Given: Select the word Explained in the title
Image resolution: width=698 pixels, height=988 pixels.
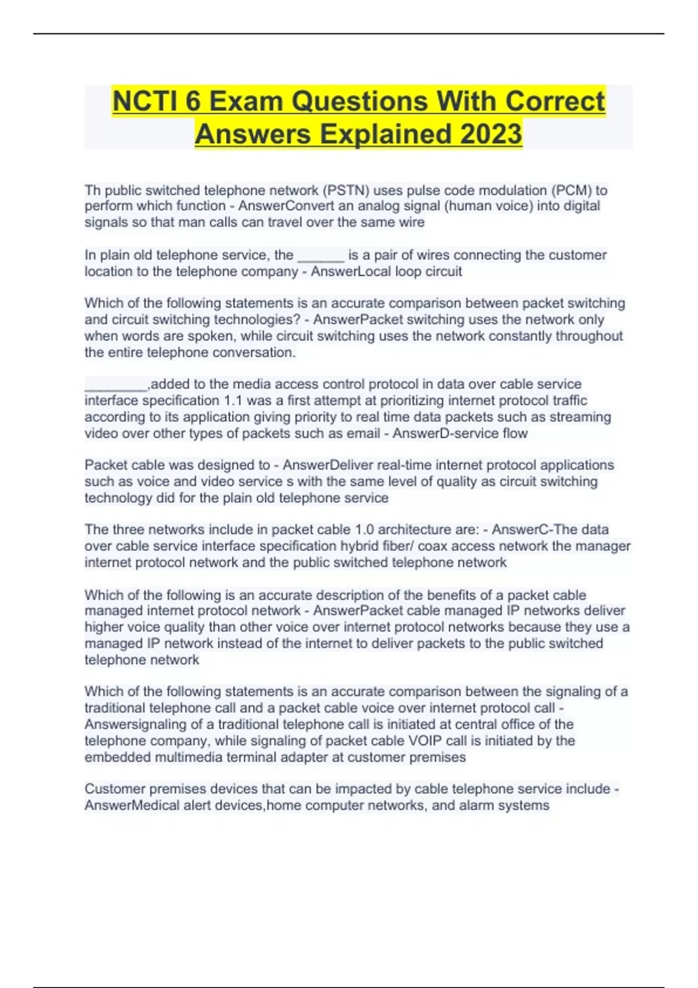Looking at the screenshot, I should click(x=384, y=134).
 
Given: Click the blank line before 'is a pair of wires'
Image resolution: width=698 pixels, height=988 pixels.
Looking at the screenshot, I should click(x=320, y=256).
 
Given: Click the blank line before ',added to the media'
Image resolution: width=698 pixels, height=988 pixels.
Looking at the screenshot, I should click(x=116, y=385).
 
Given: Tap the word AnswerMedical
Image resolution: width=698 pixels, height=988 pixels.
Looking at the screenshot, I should click(x=132, y=806).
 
